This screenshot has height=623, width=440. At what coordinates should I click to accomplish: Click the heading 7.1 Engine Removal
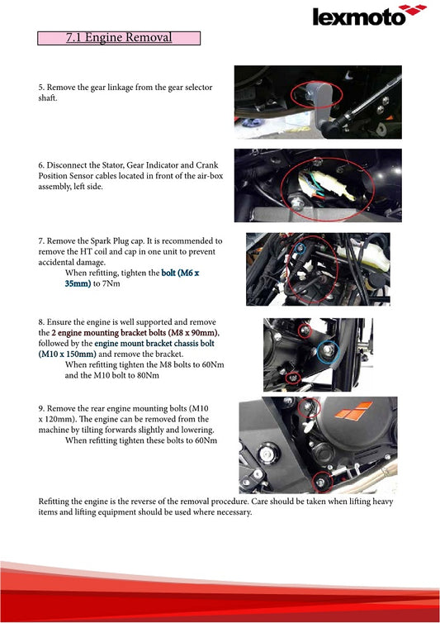pos(119,37)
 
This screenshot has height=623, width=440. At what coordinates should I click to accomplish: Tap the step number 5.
pos(41,87)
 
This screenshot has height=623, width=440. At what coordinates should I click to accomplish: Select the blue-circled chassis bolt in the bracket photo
pos(329,351)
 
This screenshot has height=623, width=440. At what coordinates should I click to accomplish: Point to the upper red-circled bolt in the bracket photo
pos(305,331)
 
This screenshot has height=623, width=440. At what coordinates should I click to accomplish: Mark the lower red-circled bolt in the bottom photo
pos(322,479)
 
